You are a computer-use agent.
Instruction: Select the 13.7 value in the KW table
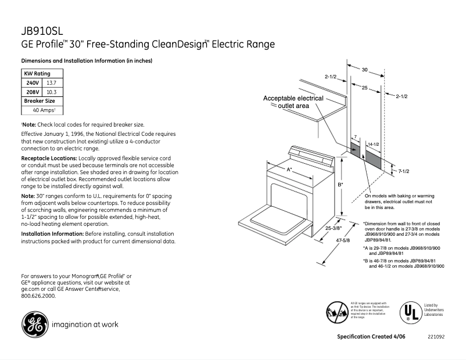pos(52,83)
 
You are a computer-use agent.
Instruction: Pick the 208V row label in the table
pos(31,92)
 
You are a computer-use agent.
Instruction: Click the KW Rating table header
pos(37,74)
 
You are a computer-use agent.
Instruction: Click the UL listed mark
pos(410,313)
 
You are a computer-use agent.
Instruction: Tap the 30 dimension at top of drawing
pos(365,70)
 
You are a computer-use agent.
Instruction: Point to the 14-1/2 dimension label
pos(374,143)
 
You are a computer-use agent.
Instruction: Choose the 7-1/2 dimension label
pos(404,171)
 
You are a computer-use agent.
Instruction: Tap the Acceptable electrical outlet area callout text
pos(293,102)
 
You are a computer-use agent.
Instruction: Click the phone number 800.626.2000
pos(38,296)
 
